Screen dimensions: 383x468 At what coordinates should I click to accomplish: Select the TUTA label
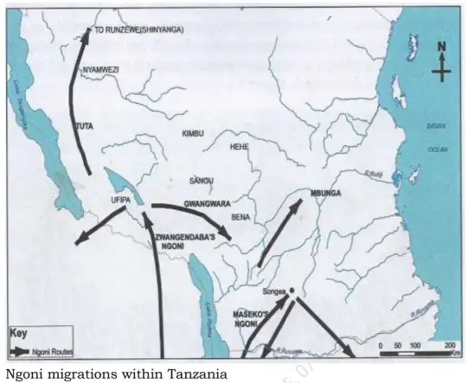coord(85,126)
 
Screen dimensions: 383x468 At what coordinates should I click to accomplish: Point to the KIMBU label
coord(192,133)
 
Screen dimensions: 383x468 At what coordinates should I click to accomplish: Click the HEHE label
coord(239,147)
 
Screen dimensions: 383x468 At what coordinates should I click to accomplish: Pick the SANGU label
coord(201,181)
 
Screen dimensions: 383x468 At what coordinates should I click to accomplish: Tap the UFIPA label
coord(119,200)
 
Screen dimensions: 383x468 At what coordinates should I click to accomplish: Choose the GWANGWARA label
coord(205,202)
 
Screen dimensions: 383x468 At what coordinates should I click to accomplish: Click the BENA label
coord(240,217)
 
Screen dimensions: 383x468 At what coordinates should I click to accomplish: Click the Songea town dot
coord(292,290)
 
